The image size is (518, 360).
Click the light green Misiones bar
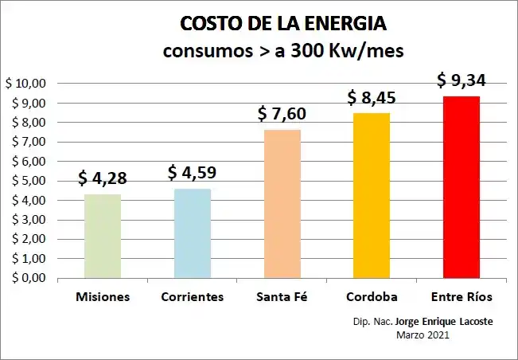(103, 237)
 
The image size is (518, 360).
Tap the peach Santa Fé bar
(282, 204)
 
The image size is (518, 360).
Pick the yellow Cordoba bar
(372, 196)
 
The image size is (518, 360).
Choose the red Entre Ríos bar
(462, 187)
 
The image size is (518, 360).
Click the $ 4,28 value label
(103, 178)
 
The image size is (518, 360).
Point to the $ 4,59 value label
(193, 172)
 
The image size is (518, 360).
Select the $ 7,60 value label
(282, 113)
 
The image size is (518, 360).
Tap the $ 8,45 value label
(372, 97)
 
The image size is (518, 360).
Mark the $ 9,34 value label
(462, 80)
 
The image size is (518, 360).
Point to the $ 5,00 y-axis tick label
(28, 181)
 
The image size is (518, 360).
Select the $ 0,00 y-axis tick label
(28, 278)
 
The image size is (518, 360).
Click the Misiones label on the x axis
(103, 297)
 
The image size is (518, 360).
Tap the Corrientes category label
(193, 297)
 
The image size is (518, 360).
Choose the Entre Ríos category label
(462, 297)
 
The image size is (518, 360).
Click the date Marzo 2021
(423, 336)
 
